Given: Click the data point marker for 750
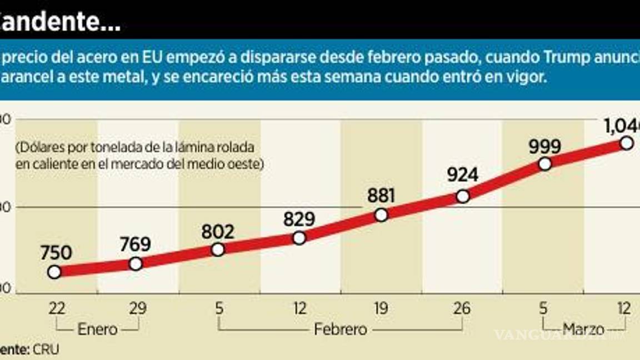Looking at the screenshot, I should pyautogui.click(x=54, y=272).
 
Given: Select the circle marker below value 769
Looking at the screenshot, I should pyautogui.click(x=136, y=264).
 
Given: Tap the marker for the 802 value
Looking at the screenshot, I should pyautogui.click(x=218, y=249).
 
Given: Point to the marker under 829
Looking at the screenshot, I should pyautogui.click(x=299, y=238).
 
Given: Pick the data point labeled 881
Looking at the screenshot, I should pyautogui.click(x=381, y=215).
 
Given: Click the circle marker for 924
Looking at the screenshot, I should pyautogui.click(x=463, y=196).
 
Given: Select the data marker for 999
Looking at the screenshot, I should pyautogui.click(x=545, y=164).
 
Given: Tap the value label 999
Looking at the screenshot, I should pyautogui.click(x=544, y=146).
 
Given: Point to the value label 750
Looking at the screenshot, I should pyautogui.click(x=56, y=253).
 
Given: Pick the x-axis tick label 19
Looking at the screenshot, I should pyautogui.click(x=381, y=308).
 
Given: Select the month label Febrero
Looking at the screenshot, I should pyautogui.click(x=341, y=329).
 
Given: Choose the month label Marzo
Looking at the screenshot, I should pyautogui.click(x=583, y=329).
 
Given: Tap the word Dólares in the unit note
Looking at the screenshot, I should pyautogui.click(x=41, y=148).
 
